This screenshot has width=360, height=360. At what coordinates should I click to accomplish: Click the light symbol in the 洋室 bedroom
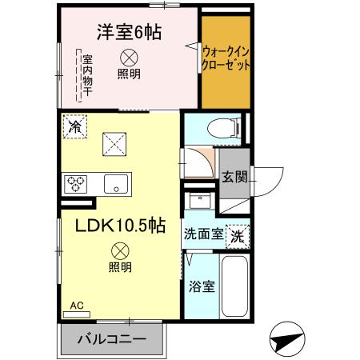pyautogui.click(x=128, y=58)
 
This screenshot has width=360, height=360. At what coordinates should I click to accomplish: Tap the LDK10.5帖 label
pyautogui.click(x=120, y=226)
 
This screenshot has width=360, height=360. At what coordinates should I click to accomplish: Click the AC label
pyautogui.click(x=77, y=305)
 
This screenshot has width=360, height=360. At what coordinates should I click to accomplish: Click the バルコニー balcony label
pyautogui.click(x=111, y=339)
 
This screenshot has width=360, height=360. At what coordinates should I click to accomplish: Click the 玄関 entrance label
pyautogui.click(x=234, y=177)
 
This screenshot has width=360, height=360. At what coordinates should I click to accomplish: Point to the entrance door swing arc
pyautogui.click(x=269, y=177)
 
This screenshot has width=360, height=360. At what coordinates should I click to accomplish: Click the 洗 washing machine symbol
pyautogui.click(x=238, y=236)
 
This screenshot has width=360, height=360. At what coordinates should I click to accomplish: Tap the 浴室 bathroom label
pyautogui.click(x=200, y=287)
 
